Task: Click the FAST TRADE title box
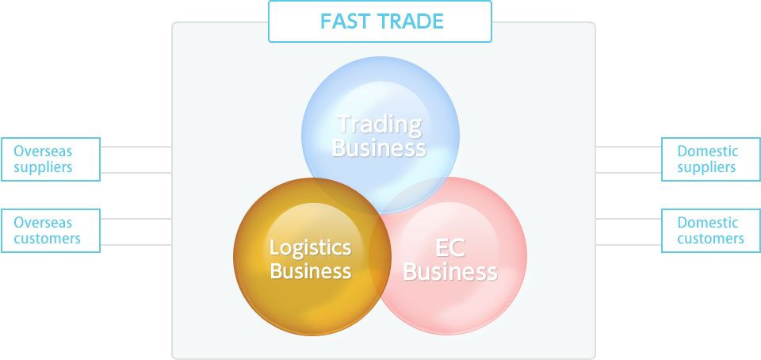coord(380,21)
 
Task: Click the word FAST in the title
coord(345,21)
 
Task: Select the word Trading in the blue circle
coord(380,124)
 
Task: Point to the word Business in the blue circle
coord(379,147)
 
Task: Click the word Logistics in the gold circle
coord(311,248)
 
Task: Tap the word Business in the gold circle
coord(311,270)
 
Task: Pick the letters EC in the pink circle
coord(450,248)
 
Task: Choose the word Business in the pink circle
coord(450,272)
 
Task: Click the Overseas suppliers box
coord(51,159)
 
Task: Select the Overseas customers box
coord(51,231)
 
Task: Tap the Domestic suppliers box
coord(711,159)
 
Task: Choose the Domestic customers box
coord(711,231)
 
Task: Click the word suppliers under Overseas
coord(43,167)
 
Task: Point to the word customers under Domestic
coord(710,239)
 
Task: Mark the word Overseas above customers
coord(43,223)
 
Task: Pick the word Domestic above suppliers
coord(708,151)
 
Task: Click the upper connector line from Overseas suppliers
coord(136,147)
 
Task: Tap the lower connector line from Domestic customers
coord(629,245)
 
